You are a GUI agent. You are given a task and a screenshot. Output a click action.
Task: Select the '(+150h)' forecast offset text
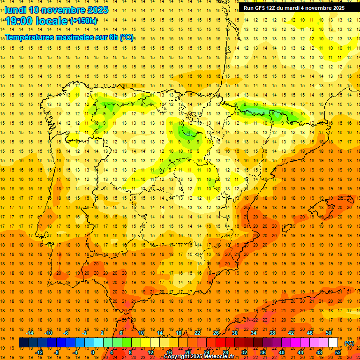click(83, 21)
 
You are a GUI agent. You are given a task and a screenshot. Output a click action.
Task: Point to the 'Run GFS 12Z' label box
click(294, 8)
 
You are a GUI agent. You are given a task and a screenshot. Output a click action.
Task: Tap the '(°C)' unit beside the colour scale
click(349, 343)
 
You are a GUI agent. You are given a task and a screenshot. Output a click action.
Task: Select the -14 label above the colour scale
click(30, 333)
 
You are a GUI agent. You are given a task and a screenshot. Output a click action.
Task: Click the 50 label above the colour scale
click(329, 333)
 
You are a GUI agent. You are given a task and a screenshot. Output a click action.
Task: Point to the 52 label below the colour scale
click(338, 352)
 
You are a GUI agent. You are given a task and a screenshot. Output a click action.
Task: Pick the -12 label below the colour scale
click(39, 352)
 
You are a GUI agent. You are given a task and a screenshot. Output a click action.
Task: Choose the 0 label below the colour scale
click(92, 352)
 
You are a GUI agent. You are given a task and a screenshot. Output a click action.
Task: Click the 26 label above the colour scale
click(216, 333)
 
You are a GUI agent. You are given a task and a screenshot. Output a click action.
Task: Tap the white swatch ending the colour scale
click(333, 343)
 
